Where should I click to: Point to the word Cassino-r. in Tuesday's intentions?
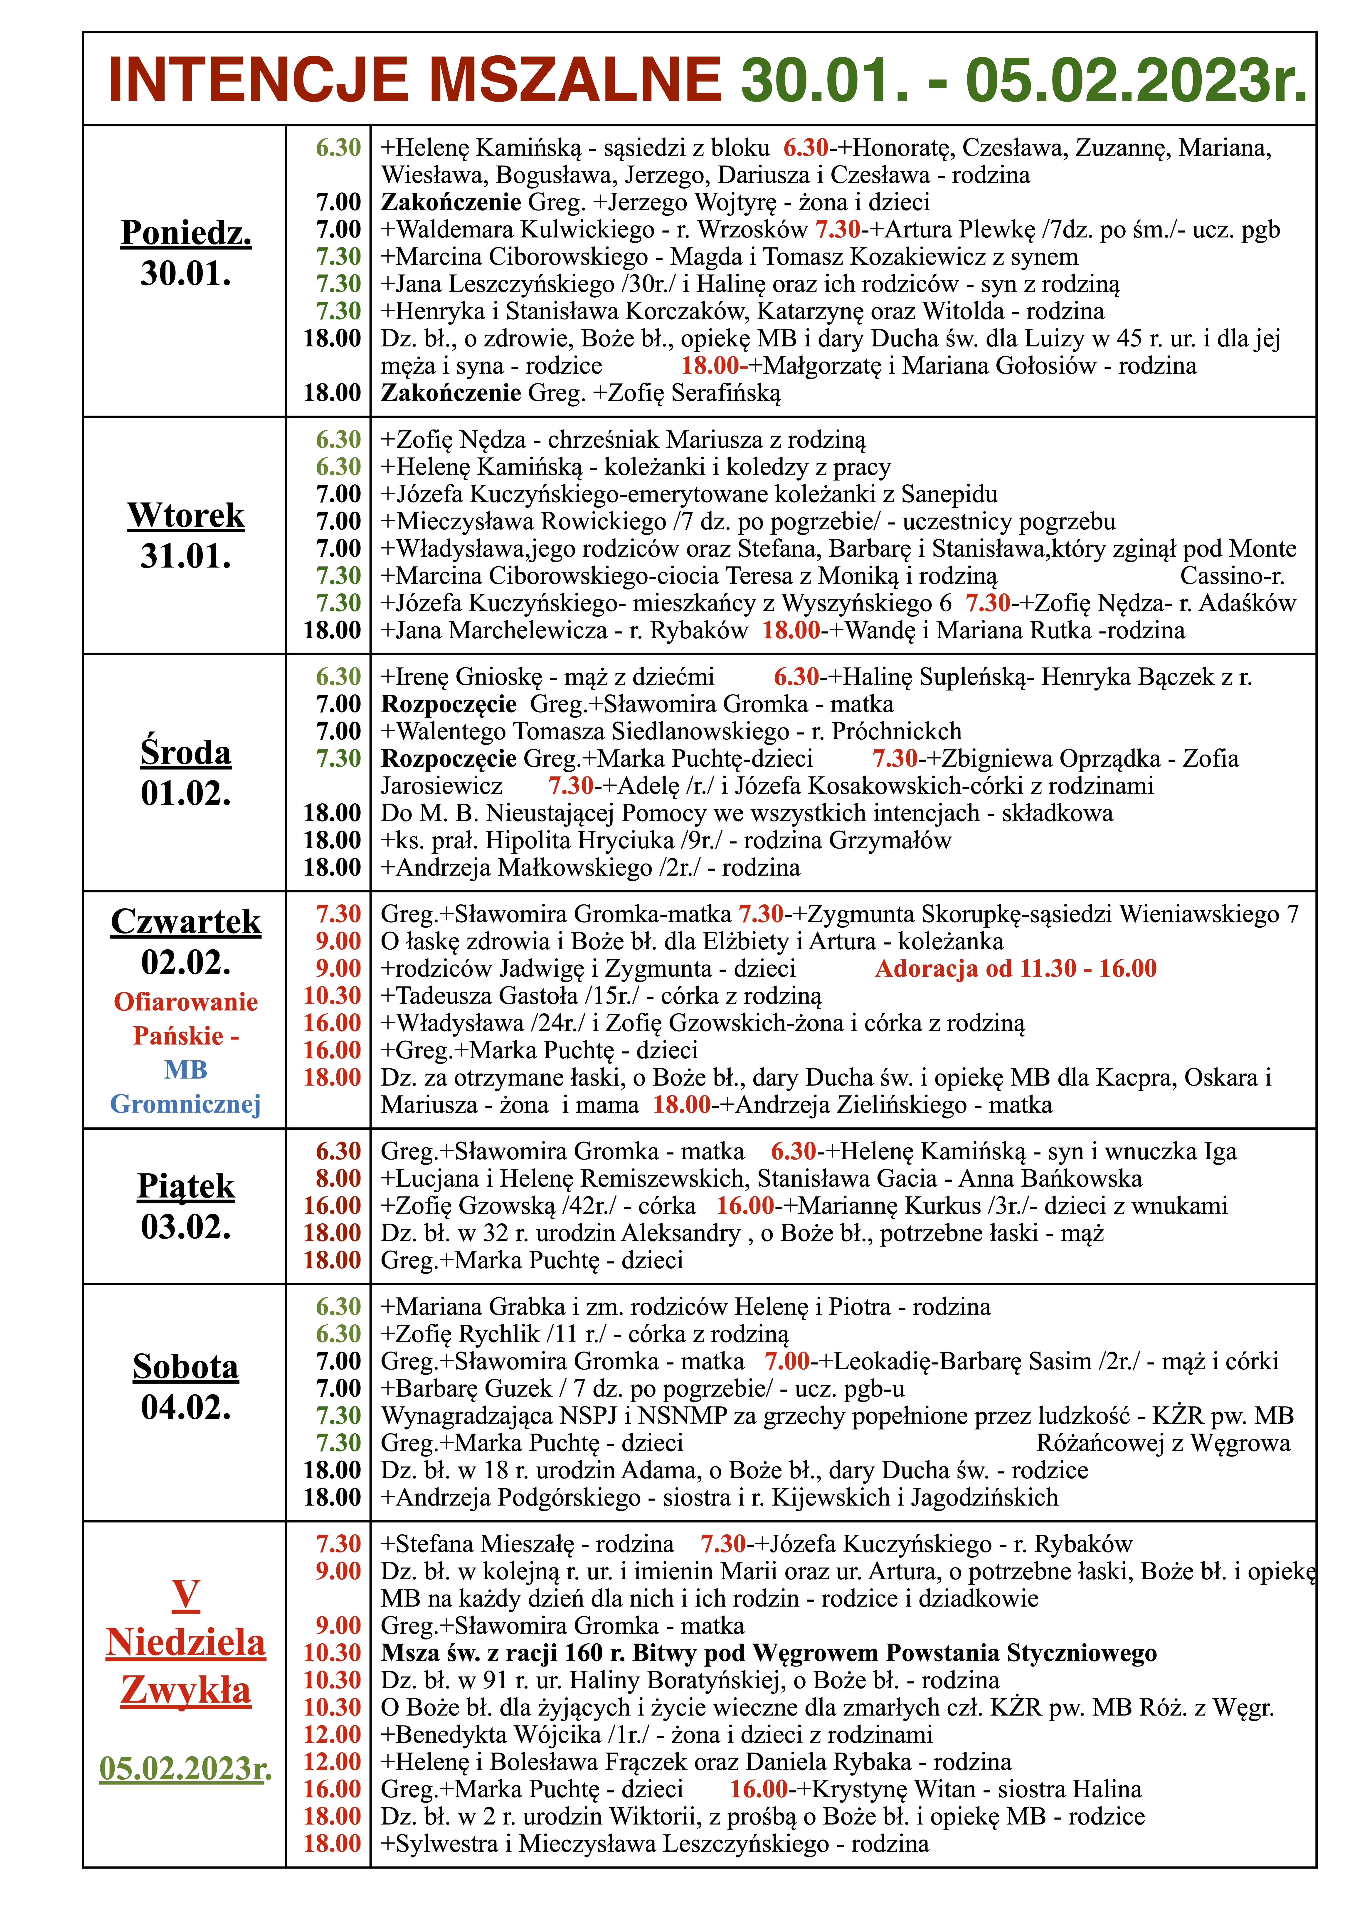tap(1232, 576)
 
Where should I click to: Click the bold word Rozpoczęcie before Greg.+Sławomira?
tap(449, 704)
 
